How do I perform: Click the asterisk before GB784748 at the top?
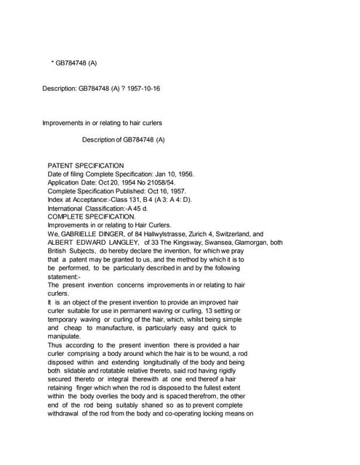(x=52, y=63)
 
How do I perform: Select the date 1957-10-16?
(x=143, y=88)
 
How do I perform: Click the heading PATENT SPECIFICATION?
(x=85, y=166)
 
